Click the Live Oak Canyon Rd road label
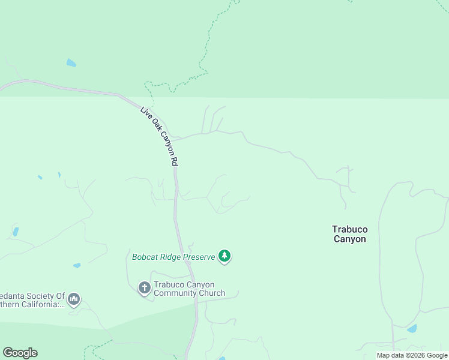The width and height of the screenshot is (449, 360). click(x=159, y=137)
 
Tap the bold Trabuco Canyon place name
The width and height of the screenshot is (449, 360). click(x=349, y=234)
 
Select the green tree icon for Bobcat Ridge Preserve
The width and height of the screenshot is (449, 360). click(x=224, y=256)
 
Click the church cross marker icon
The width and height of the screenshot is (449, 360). click(x=144, y=288)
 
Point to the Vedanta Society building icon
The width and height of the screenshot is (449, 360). click(x=74, y=299)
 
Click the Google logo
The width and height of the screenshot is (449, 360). click(x=20, y=353)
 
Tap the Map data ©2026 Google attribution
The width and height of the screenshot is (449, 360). click(x=412, y=355)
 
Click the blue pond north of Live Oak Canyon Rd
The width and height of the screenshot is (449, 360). click(x=71, y=63)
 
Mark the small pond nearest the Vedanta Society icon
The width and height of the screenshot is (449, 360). click(x=77, y=265)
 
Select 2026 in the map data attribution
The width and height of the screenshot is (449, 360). click(x=417, y=355)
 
